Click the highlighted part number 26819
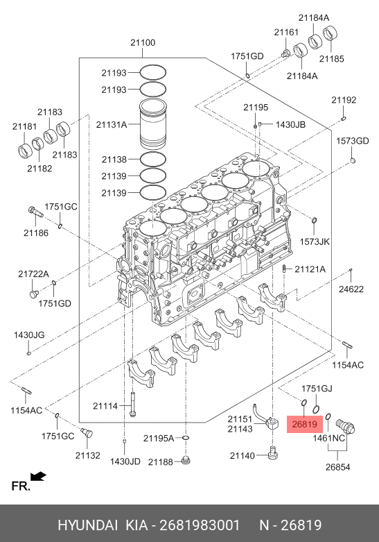(304, 424)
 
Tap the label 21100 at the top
(143, 42)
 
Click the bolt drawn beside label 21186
(35, 212)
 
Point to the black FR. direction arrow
(38, 476)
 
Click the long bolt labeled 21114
(133, 405)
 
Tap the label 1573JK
(315, 242)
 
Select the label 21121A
(310, 269)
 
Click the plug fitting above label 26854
(345, 426)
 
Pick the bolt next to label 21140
(273, 452)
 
